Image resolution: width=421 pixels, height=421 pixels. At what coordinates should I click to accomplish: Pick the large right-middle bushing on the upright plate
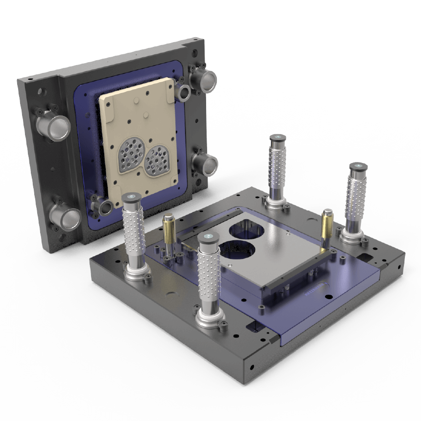point(204,161)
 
